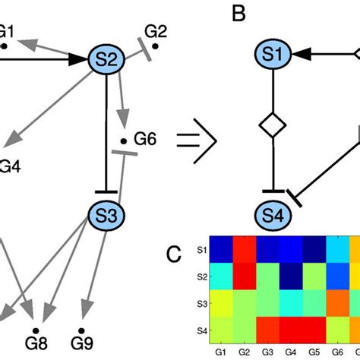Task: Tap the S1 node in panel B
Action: pos(275,55)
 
